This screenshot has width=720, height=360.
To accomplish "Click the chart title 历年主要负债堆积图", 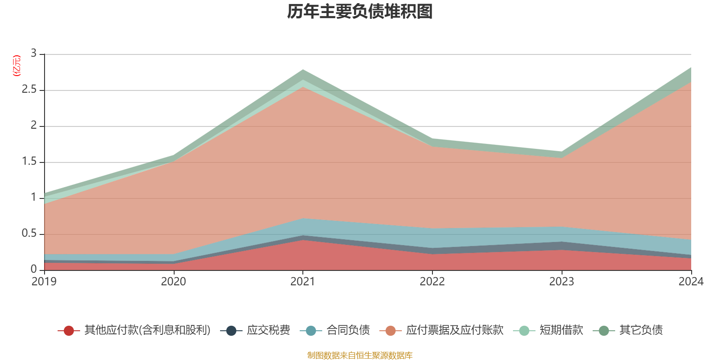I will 360,12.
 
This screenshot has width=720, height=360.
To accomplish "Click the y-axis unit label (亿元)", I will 17,66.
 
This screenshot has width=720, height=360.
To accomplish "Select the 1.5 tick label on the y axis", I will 29,161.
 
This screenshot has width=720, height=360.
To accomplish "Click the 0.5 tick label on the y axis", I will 29,233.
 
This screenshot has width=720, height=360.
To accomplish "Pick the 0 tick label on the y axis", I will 34,269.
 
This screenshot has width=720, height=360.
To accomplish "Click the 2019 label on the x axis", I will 44,282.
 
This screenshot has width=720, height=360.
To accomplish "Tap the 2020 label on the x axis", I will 173,282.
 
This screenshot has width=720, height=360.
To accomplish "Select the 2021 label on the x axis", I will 302,282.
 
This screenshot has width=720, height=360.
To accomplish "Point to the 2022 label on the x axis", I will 432,282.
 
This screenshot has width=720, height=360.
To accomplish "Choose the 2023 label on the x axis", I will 561,282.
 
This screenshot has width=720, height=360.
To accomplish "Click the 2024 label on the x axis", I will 690,282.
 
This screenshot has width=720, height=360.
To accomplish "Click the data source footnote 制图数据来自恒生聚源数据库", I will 360,355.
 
